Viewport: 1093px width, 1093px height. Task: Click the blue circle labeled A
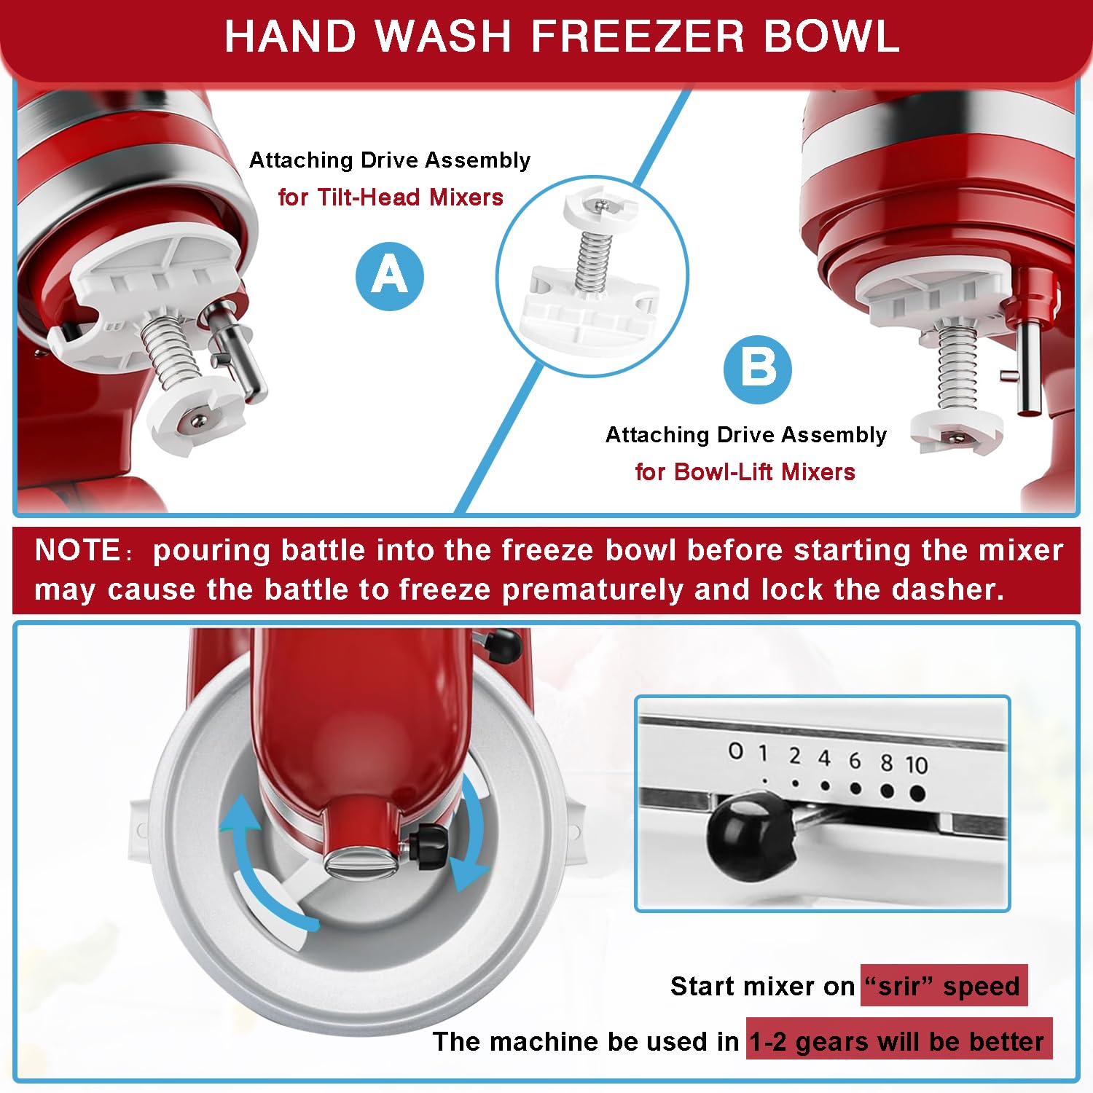click(x=390, y=276)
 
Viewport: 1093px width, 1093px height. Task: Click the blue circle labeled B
click(x=757, y=369)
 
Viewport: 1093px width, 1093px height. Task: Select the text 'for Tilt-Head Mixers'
click(x=391, y=197)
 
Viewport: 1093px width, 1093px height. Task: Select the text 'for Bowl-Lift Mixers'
click(x=745, y=472)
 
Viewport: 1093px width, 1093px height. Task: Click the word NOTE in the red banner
click(x=77, y=550)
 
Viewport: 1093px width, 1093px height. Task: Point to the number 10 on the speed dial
click(x=917, y=765)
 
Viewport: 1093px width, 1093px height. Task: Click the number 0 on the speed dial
click(x=736, y=751)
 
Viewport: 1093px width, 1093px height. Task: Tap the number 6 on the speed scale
click(x=855, y=761)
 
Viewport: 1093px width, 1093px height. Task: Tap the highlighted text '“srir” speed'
click(x=944, y=986)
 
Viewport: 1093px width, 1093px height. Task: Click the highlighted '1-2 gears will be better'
click(x=898, y=1041)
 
